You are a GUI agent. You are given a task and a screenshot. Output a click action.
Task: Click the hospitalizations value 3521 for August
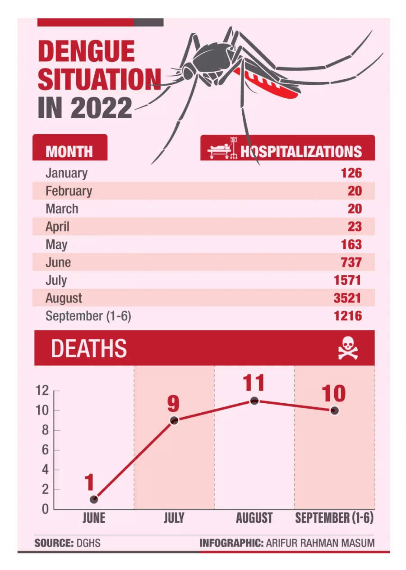[x=347, y=298]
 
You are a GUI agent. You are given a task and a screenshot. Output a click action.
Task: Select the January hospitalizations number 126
[x=352, y=173]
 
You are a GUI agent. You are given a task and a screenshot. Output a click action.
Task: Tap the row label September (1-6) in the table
[x=88, y=316]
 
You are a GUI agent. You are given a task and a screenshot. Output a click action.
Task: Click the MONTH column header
[x=69, y=151]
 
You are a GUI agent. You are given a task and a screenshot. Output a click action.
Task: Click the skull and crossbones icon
[x=348, y=349]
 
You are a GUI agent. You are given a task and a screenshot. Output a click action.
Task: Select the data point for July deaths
[x=174, y=420]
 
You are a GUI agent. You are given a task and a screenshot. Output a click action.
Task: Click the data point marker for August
[x=254, y=401]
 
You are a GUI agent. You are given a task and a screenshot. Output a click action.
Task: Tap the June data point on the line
[x=94, y=499]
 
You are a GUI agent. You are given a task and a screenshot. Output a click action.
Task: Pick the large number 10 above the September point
[x=334, y=393]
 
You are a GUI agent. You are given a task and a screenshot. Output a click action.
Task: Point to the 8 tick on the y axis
[x=45, y=430]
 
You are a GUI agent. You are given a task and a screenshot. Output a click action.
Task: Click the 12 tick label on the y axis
[x=42, y=391]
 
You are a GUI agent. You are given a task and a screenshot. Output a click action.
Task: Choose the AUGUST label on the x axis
[x=254, y=518]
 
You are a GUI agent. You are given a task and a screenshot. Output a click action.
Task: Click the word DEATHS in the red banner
[x=89, y=349]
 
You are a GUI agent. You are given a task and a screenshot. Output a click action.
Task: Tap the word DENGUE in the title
[x=86, y=51]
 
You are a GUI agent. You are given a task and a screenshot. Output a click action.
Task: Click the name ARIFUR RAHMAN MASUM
[x=320, y=543]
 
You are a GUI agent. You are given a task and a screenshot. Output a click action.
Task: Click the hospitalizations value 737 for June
[x=352, y=263]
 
